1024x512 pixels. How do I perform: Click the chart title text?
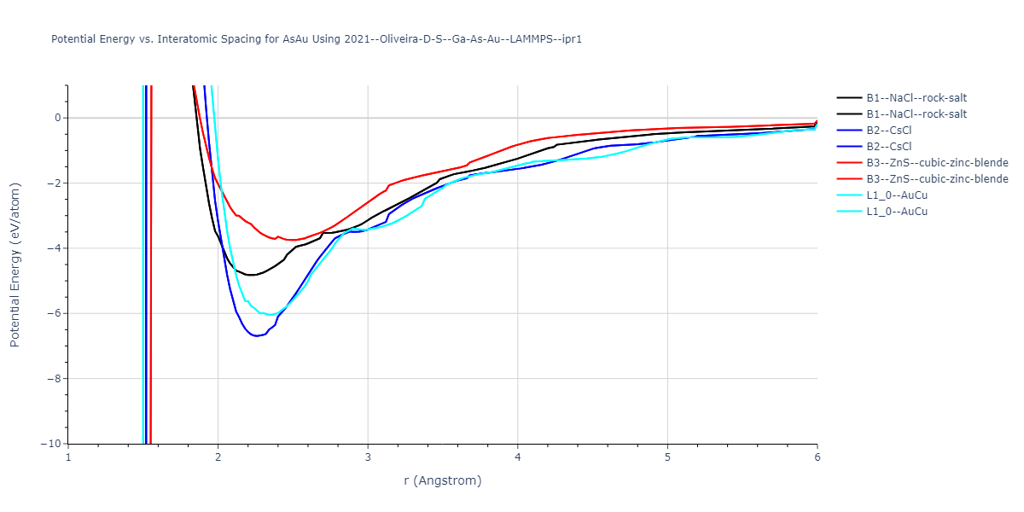tap(317, 39)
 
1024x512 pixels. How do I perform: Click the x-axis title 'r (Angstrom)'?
tap(442, 480)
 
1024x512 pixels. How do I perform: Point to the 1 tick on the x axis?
tap(68, 457)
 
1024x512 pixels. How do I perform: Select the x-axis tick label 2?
tap(218, 457)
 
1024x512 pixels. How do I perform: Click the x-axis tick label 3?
tap(368, 457)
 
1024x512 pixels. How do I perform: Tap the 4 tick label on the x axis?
tap(517, 457)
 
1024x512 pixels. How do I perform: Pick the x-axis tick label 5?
tap(667, 457)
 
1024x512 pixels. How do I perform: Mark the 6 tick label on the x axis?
tap(817, 457)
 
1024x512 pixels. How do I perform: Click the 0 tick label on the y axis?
tap(55, 118)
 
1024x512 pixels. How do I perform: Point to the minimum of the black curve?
tap(251, 275)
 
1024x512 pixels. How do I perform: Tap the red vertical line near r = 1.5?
tap(150, 256)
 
